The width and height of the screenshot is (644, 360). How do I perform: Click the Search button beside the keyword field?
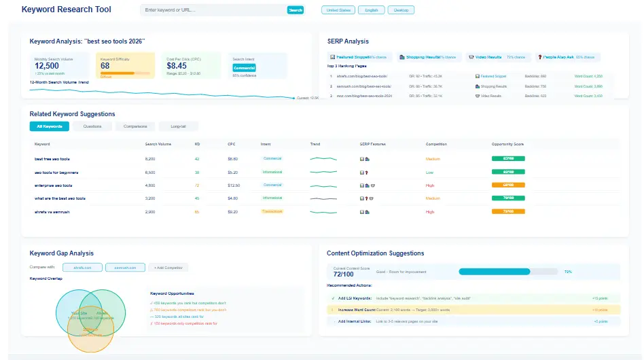click(296, 10)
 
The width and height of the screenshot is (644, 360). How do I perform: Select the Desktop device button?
click(401, 10)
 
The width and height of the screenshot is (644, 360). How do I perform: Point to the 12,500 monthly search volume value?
click(48, 66)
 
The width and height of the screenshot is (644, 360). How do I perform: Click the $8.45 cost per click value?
click(178, 66)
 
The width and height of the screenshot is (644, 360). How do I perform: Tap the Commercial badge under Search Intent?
click(244, 68)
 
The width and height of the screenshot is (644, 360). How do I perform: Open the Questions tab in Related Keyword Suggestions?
click(92, 126)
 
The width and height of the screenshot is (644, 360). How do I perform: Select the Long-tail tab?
click(179, 126)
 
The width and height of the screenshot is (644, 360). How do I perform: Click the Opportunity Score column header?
click(507, 144)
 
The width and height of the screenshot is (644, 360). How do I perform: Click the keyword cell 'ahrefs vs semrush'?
click(53, 212)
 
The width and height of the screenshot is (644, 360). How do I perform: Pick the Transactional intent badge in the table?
click(272, 212)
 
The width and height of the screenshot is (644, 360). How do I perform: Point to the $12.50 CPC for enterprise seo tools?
click(234, 185)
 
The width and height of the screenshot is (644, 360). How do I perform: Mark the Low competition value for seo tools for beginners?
click(429, 172)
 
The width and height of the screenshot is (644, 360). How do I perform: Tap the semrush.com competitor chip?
click(125, 268)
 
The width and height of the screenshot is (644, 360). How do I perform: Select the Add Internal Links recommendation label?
click(353, 321)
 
